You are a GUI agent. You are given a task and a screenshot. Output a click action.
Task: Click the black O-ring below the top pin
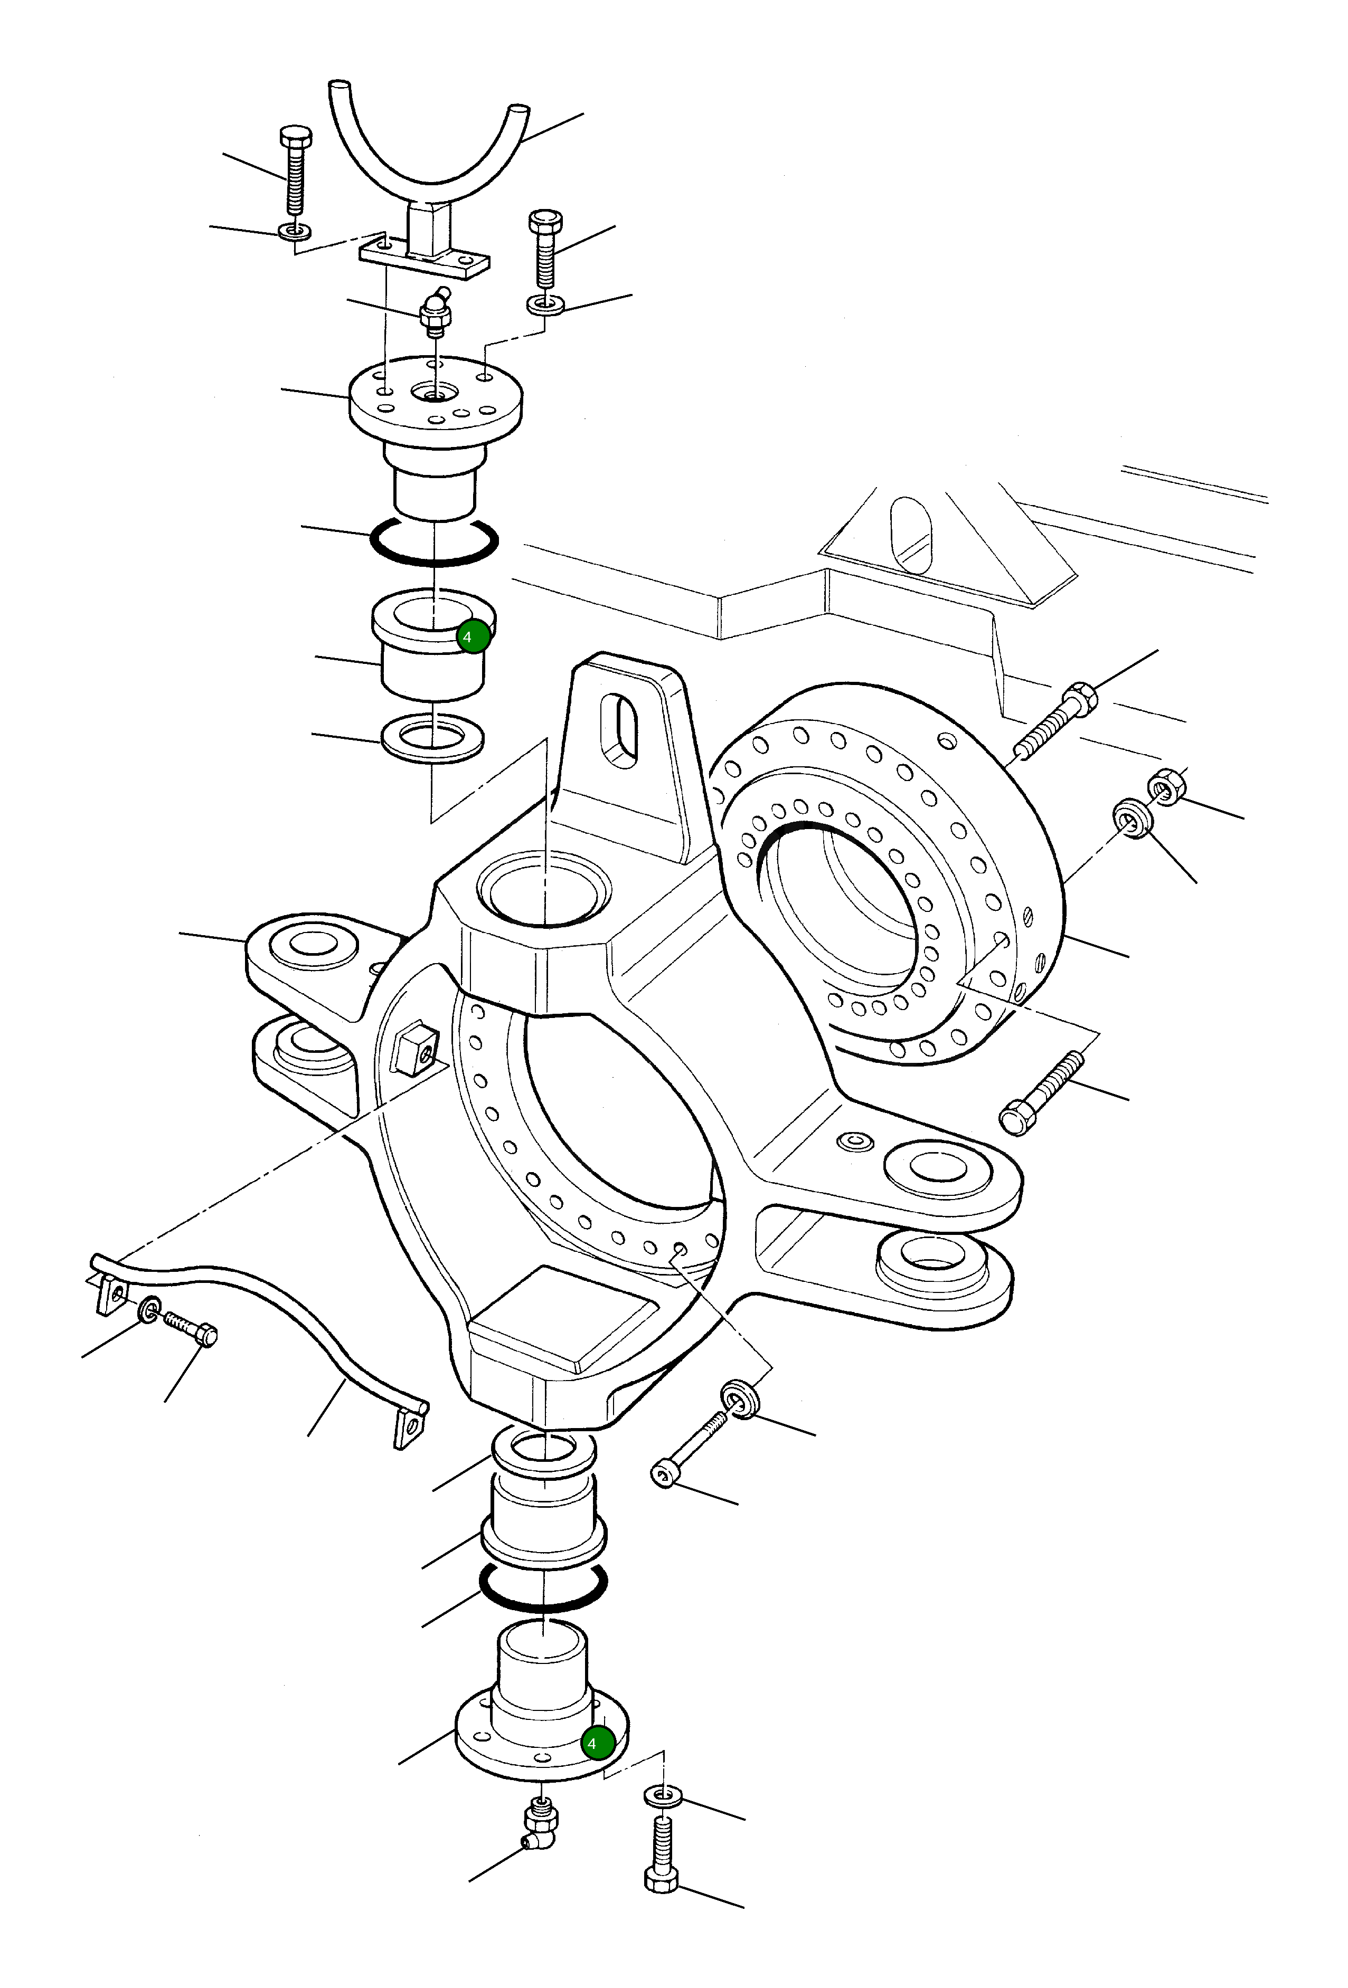(435, 547)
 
